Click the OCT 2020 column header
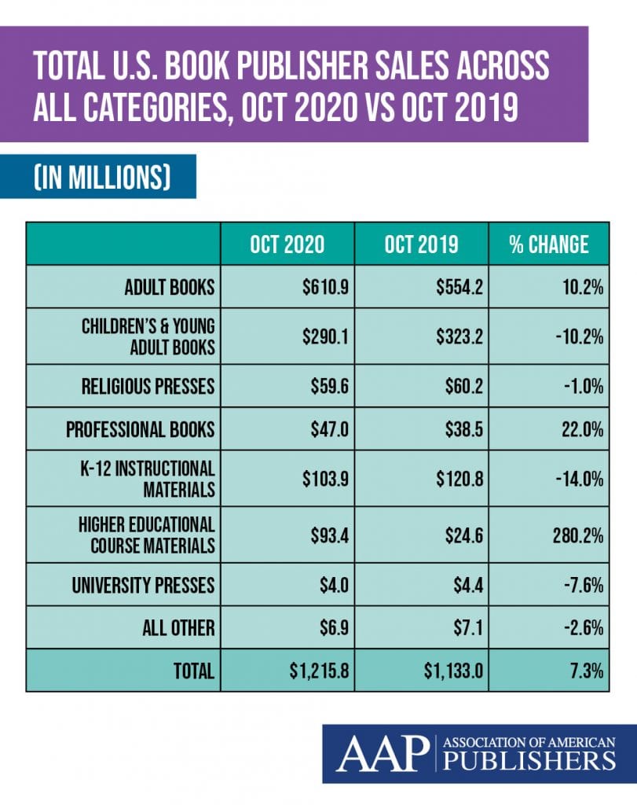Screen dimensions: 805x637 287,244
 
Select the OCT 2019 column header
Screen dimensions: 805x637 421,244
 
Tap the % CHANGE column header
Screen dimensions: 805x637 548,244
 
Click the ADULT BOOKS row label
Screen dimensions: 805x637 169,287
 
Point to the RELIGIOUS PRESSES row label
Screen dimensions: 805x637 148,386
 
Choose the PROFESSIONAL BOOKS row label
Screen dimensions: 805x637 140,429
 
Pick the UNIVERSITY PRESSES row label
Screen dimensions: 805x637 144,586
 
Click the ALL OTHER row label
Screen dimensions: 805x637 178,628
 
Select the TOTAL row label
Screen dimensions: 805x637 192,671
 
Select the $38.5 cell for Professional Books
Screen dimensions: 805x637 463,429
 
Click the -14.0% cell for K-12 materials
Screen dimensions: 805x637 580,479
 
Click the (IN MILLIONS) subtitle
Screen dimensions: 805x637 97,176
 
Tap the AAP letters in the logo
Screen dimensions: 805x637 381,753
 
